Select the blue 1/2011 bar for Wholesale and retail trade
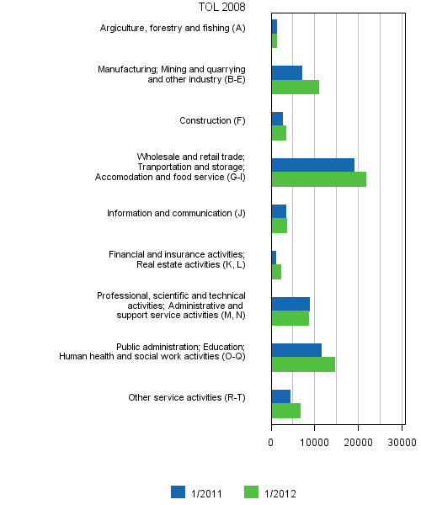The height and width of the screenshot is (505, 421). coord(312,165)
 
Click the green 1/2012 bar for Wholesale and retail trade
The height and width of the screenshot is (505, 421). coord(318,179)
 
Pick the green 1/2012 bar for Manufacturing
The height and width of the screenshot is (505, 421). coord(295,87)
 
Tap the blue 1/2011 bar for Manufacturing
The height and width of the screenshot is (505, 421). coord(286,72)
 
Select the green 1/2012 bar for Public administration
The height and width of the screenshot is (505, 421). coord(303,364)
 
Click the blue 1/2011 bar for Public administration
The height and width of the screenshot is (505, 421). coord(296,350)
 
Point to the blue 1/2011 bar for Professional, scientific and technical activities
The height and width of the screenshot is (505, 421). coord(290,304)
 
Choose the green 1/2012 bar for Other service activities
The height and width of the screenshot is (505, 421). coord(285,411)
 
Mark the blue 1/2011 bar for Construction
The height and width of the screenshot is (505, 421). coord(277,119)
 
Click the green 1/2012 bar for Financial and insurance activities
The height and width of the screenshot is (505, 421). coord(276,272)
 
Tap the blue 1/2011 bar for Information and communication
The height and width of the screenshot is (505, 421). coord(279,211)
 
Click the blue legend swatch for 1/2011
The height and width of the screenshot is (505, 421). coord(178,492)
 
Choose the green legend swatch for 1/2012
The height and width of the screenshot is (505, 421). coord(250,492)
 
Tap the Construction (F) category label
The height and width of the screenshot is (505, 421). coord(212,120)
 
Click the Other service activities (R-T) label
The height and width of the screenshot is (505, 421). coord(186,397)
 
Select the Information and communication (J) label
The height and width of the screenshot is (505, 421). coord(176,213)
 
